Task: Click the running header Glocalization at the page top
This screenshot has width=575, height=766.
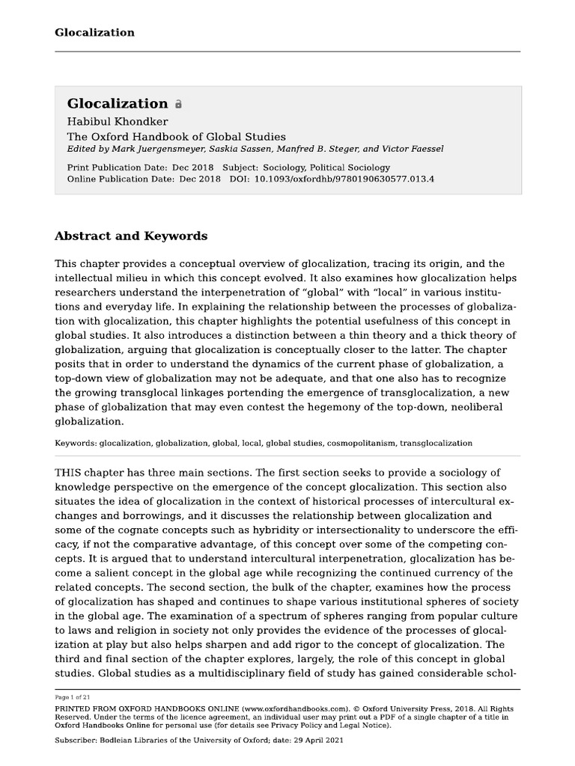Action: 94,32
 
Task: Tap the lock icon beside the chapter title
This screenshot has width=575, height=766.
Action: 178,105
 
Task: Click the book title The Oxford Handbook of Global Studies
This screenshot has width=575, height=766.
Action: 176,136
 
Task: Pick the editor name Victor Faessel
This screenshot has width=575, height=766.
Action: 416,149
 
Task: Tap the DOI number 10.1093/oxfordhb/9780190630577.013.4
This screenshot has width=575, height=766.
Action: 344,179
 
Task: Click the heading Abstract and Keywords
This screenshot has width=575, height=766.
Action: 131,236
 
